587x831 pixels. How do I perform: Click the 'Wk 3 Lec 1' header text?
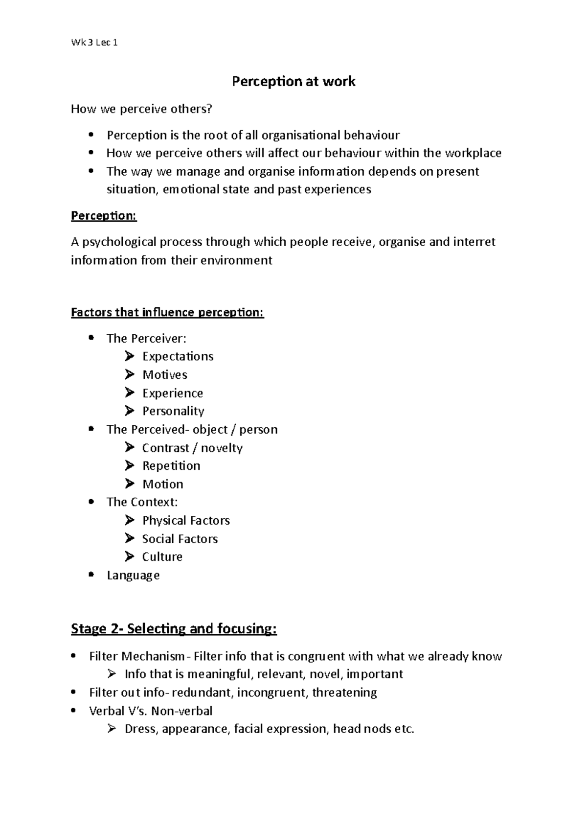(x=94, y=43)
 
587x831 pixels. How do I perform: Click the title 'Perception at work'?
(x=293, y=81)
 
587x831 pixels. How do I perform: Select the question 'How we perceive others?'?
(x=142, y=109)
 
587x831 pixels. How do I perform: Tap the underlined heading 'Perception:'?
(x=104, y=216)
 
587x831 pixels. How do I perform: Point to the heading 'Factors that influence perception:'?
(x=167, y=312)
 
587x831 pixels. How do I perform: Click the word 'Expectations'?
(x=178, y=356)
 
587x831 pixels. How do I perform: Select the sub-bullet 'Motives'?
(x=164, y=375)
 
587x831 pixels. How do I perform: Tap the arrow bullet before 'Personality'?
(x=129, y=411)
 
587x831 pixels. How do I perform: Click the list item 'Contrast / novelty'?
(x=192, y=448)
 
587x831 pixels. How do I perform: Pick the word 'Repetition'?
(x=171, y=466)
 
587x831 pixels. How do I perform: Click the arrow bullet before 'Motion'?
(x=129, y=484)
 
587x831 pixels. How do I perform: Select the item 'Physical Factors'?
(x=186, y=520)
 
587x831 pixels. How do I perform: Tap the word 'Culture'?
(x=162, y=557)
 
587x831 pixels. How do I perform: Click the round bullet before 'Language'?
(x=91, y=575)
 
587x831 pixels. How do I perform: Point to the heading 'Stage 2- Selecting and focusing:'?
(x=174, y=628)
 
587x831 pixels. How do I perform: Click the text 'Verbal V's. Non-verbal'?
(x=151, y=711)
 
